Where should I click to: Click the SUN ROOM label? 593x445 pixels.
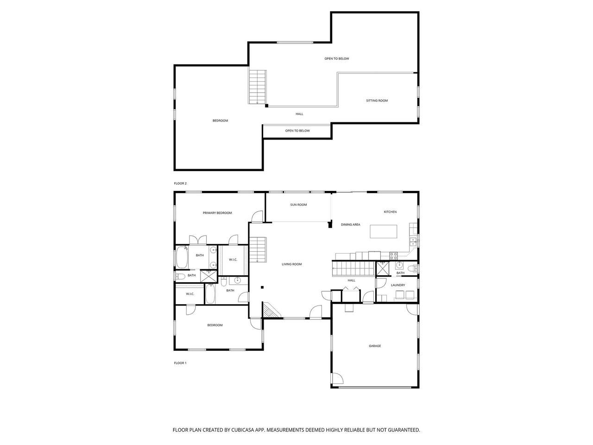click(x=298, y=204)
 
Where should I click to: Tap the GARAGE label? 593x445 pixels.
click(x=375, y=346)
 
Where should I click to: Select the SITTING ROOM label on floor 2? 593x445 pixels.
click(x=377, y=101)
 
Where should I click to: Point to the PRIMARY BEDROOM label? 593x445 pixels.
click(x=217, y=213)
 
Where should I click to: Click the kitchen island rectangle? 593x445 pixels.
click(x=383, y=232)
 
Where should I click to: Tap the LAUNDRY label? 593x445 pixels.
click(x=397, y=285)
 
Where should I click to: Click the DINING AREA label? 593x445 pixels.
click(x=350, y=224)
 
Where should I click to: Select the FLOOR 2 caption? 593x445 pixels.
click(x=180, y=183)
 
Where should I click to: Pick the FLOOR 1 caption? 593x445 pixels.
click(x=180, y=363)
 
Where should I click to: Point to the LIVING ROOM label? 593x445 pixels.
click(x=291, y=264)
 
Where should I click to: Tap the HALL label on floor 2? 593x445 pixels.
click(x=299, y=114)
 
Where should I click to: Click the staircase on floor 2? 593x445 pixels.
click(x=258, y=87)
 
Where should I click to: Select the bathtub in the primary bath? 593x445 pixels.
click(x=182, y=257)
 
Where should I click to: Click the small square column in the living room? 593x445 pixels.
click(x=262, y=287)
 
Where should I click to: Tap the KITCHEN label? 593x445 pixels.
click(x=390, y=212)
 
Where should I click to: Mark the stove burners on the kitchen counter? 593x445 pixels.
click(x=393, y=255)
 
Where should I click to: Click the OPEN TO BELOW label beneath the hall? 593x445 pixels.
click(x=297, y=131)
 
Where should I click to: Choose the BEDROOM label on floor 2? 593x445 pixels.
click(x=220, y=121)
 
